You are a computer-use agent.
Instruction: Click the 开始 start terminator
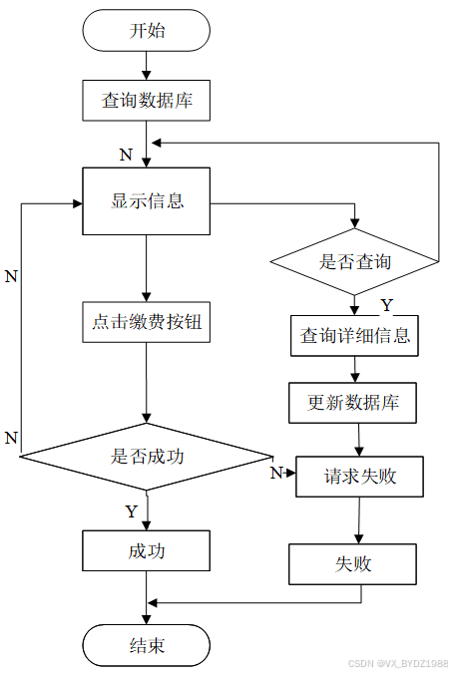click(146, 31)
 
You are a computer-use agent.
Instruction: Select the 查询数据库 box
click(146, 101)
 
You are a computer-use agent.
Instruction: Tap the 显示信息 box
click(146, 201)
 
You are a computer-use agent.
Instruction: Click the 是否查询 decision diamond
click(354, 261)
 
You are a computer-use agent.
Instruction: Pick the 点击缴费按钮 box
click(146, 322)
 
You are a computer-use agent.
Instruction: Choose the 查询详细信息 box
click(354, 336)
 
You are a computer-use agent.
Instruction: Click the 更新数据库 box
click(352, 403)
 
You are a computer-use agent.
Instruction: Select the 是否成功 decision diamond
click(146, 457)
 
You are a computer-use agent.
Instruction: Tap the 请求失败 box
click(360, 477)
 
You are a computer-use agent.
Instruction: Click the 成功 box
click(146, 550)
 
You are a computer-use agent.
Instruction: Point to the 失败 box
click(352, 564)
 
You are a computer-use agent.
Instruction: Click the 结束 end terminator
click(146, 645)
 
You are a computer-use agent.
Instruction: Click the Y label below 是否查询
click(387, 305)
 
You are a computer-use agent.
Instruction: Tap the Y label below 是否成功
click(132, 511)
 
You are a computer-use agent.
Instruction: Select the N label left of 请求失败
click(276, 473)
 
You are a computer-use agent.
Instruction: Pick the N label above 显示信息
click(126, 155)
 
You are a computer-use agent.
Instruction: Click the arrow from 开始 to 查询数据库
click(146, 66)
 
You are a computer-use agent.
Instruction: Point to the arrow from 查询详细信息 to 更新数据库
click(354, 369)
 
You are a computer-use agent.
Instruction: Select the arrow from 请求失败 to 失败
click(359, 520)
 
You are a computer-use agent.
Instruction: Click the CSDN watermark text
click(398, 663)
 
